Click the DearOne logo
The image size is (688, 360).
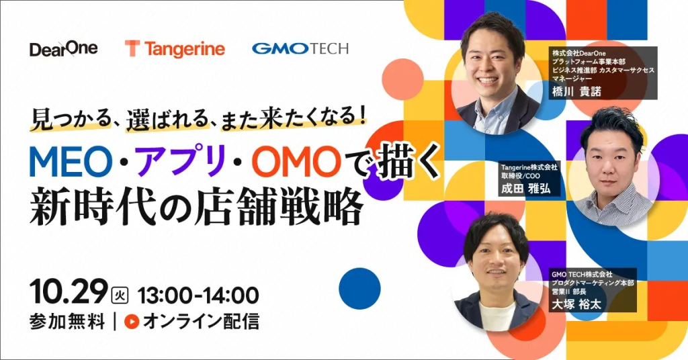64,48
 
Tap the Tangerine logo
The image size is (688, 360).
175,48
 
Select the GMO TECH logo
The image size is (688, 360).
300,48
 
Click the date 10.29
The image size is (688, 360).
69,292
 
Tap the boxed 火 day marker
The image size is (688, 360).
120,295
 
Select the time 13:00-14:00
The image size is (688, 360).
198,295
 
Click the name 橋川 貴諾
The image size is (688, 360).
576,91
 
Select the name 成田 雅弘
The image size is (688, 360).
525,189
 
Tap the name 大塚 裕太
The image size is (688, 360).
576,304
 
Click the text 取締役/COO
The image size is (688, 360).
521,175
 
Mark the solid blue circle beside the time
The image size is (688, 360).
359,289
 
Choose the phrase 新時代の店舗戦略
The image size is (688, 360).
197,208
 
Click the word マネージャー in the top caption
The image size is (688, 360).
572,78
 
